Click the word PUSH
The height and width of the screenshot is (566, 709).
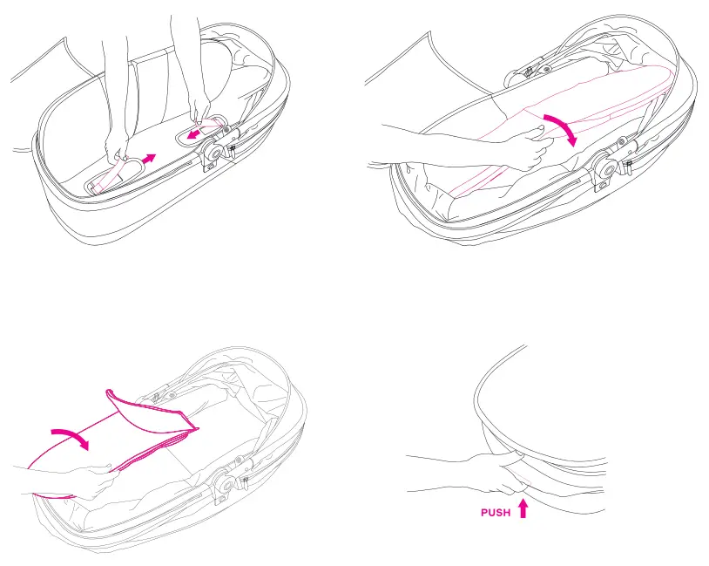[496, 513]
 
